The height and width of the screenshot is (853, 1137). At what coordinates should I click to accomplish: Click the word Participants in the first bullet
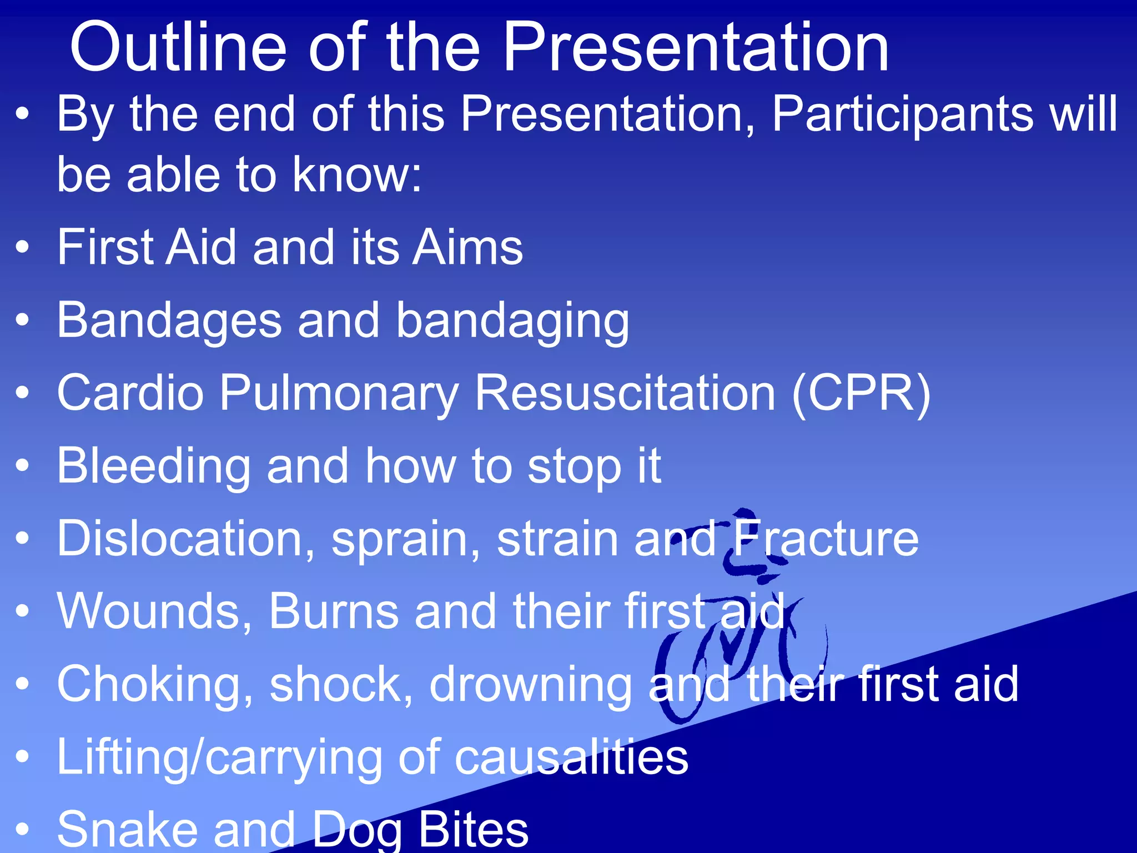(903, 114)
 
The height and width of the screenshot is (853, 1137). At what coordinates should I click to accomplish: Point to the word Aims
(467, 247)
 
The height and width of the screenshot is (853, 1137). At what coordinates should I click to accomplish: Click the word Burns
(334, 611)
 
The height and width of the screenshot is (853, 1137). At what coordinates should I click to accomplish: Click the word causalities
(571, 757)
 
